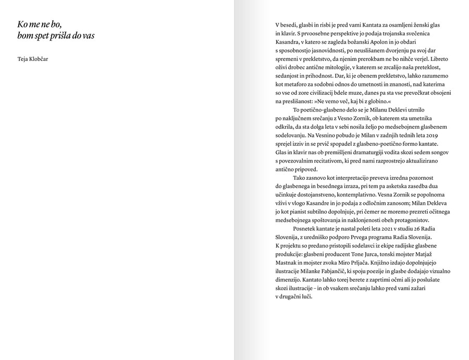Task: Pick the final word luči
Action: tap(307, 296)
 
